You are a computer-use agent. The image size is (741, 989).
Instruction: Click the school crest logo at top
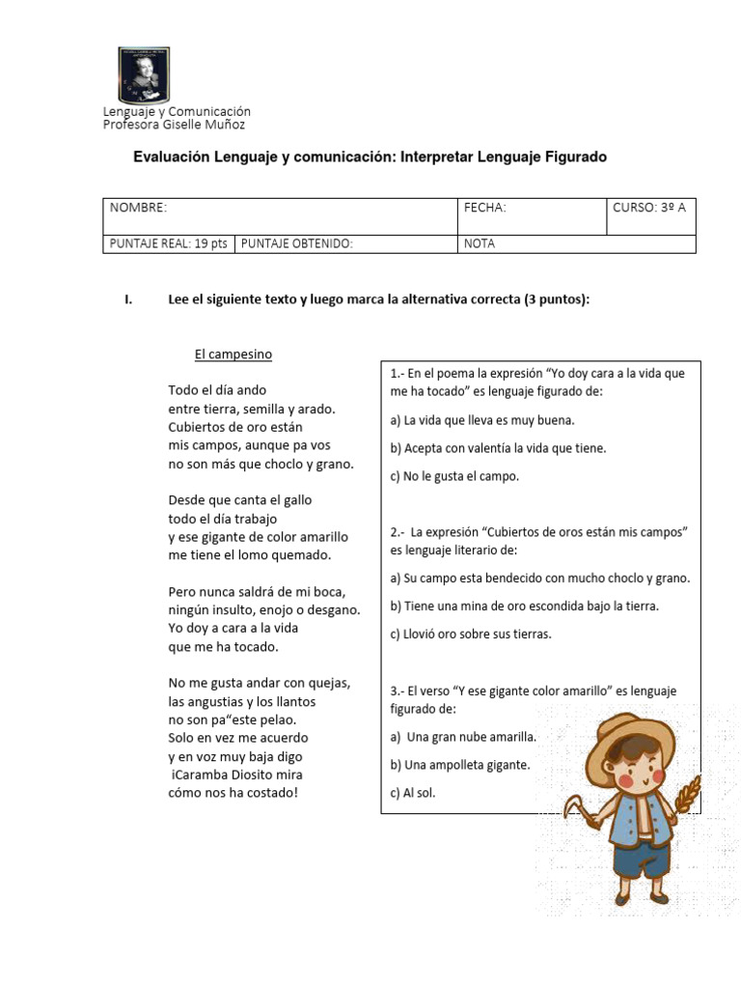(x=143, y=75)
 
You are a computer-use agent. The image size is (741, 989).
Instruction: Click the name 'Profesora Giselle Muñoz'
(x=175, y=125)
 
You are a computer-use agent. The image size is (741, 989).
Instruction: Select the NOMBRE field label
(x=138, y=208)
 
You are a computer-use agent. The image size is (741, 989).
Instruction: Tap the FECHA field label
(x=484, y=208)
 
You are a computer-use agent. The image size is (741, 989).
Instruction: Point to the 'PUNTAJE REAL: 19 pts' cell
(x=168, y=243)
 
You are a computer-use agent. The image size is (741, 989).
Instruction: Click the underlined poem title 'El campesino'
(x=233, y=354)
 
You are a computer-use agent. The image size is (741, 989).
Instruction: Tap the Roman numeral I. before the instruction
(x=128, y=300)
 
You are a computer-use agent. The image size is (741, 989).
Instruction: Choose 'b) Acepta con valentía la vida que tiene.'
(x=498, y=448)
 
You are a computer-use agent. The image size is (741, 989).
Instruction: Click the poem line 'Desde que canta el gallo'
(x=240, y=500)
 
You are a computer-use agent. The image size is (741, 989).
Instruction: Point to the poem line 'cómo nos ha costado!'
(x=233, y=793)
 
